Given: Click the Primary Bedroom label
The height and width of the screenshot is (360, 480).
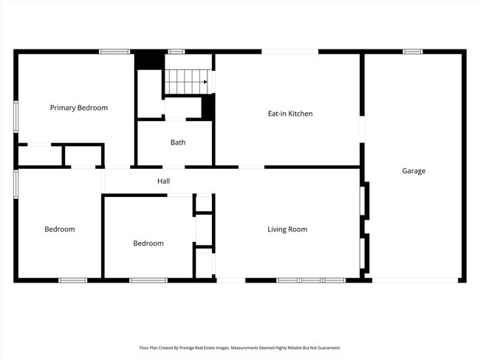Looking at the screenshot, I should tap(78, 108).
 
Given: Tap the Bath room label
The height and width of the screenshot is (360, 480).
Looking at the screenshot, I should tap(178, 142).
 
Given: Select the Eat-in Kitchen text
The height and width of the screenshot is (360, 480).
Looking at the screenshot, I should tap(289, 114).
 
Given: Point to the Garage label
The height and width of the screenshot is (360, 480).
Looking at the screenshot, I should tap(414, 171).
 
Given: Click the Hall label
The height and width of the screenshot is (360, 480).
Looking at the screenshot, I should tap(164, 181).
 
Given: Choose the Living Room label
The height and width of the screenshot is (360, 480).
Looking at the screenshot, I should tap(287, 229).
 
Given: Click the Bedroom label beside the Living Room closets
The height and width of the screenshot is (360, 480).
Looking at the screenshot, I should tap(148, 243).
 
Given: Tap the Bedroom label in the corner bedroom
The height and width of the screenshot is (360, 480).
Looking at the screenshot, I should tap(60, 229).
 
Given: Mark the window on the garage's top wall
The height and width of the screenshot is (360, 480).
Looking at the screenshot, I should tap(413, 52).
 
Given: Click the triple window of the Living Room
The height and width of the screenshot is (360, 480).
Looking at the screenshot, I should tap(311, 280).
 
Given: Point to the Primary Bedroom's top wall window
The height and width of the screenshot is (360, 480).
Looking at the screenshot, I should tap(114, 52).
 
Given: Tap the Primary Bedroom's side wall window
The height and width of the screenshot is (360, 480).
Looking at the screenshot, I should tap(16, 116).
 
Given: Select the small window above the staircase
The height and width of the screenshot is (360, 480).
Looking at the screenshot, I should tap(176, 52).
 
